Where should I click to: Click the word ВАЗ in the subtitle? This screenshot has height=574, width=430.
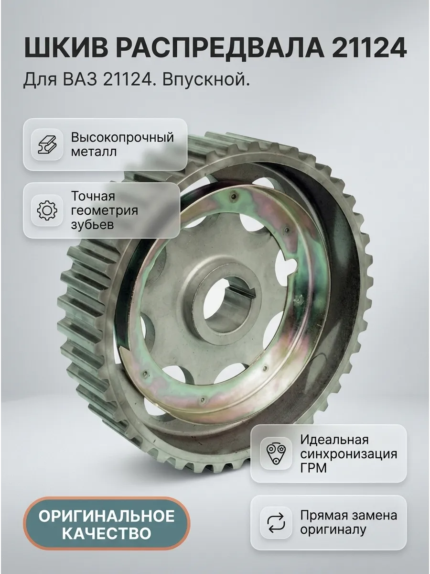point(80,79)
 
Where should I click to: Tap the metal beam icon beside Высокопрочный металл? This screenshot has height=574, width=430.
point(47,144)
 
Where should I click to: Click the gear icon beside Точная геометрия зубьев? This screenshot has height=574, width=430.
point(47,210)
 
